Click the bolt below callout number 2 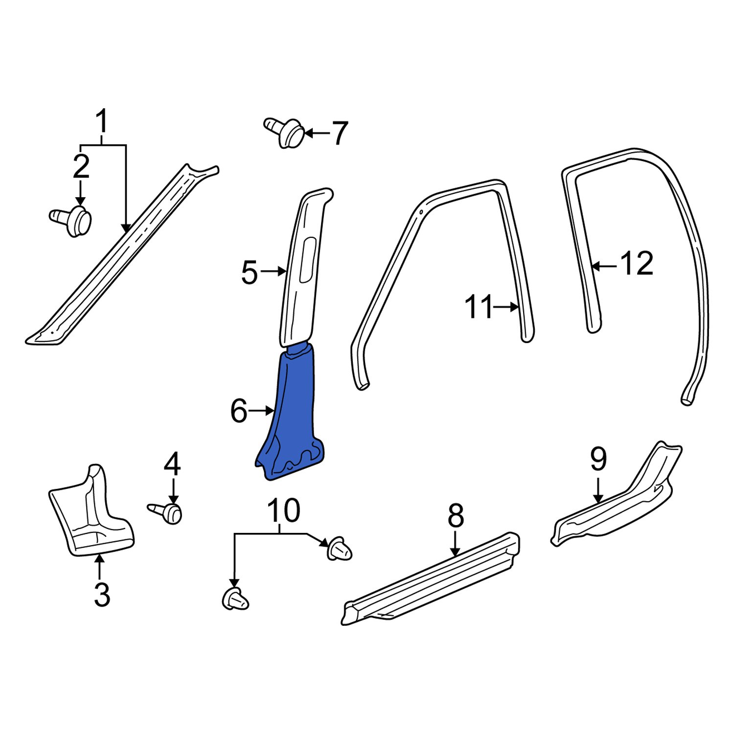click(73, 221)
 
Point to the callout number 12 click(637, 264)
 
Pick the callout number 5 click(249, 272)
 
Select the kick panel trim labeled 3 click(91, 519)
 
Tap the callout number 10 click(283, 510)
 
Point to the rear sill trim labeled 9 click(617, 509)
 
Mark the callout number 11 click(479, 307)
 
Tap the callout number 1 click(101, 122)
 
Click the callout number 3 click(101, 595)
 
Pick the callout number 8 click(455, 516)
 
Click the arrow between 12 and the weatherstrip click(604, 266)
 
